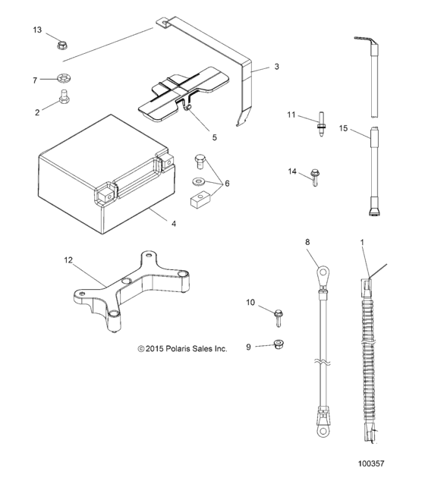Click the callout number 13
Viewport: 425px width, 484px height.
coord(37,30)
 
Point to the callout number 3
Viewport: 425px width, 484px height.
coord(276,67)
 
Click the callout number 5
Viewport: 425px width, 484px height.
coord(214,137)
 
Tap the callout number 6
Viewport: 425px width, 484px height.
coord(225,183)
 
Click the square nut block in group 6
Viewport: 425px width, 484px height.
coord(199,200)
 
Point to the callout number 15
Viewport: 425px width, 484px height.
coord(343,129)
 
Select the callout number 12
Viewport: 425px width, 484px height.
coord(68,259)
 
